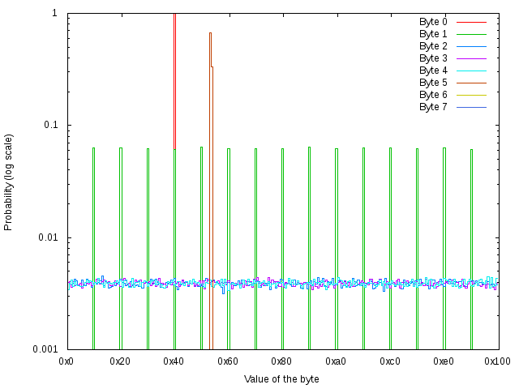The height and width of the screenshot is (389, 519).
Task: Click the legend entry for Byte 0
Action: point(433,22)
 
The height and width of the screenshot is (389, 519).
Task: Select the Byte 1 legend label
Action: point(433,34)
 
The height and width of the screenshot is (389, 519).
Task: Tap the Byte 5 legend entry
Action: point(433,83)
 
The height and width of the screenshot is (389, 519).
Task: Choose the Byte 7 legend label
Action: point(433,107)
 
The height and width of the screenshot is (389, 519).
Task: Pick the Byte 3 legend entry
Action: point(433,58)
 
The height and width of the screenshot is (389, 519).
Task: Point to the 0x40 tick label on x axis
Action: point(174,361)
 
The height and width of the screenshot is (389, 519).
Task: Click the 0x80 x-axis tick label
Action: point(282,361)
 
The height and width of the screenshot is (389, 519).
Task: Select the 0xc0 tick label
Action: point(390,361)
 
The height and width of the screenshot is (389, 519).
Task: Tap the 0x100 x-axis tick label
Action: point(497,361)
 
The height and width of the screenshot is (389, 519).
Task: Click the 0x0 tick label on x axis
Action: point(67,361)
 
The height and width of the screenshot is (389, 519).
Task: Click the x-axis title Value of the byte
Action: point(281,378)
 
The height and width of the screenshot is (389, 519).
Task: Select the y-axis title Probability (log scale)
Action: point(9,182)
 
